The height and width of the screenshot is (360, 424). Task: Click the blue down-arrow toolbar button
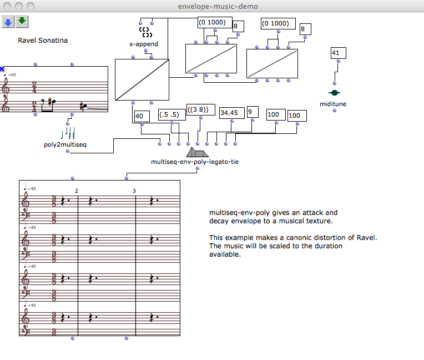8,21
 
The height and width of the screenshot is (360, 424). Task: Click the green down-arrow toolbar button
22,21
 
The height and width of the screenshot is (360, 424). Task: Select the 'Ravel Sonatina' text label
39,40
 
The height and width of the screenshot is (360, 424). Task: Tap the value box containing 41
338,53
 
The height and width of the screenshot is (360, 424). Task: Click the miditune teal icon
334,93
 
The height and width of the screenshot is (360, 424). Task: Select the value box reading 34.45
231,113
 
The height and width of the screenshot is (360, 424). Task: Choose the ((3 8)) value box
200,110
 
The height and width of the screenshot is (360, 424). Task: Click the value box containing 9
253,112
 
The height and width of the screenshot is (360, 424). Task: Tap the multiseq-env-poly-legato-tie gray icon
197,152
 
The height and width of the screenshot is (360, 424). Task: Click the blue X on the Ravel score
2,69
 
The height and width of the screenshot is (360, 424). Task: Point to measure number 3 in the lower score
134,191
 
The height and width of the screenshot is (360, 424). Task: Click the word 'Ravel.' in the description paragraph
367,237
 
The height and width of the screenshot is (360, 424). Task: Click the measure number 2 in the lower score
77,191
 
